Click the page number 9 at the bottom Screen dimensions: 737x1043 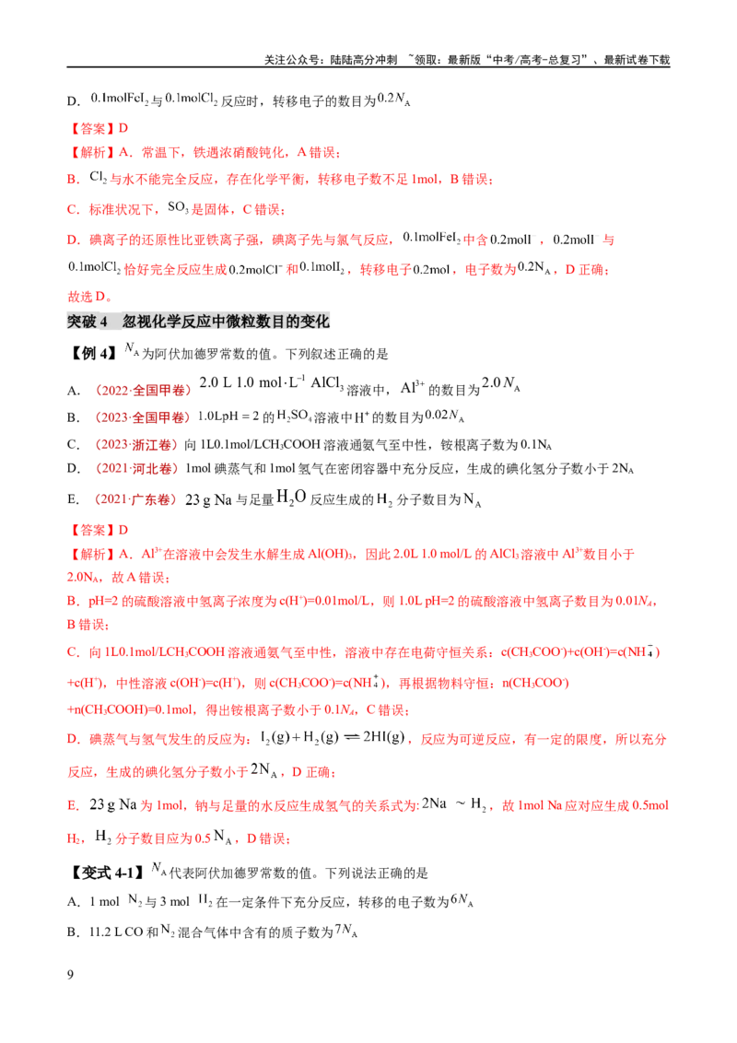point(71,975)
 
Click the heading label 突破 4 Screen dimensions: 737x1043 point(88,322)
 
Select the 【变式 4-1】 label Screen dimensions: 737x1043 point(107,872)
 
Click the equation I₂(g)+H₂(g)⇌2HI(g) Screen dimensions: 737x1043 point(333,738)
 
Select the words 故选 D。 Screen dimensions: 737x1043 point(89,296)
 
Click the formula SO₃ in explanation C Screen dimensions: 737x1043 point(178,207)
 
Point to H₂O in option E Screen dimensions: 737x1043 point(291,497)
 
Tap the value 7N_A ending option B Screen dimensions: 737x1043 point(345,930)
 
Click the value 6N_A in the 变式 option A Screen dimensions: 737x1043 point(462,900)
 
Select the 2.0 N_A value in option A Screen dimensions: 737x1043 point(501,383)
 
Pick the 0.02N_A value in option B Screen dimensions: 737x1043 point(444,416)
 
